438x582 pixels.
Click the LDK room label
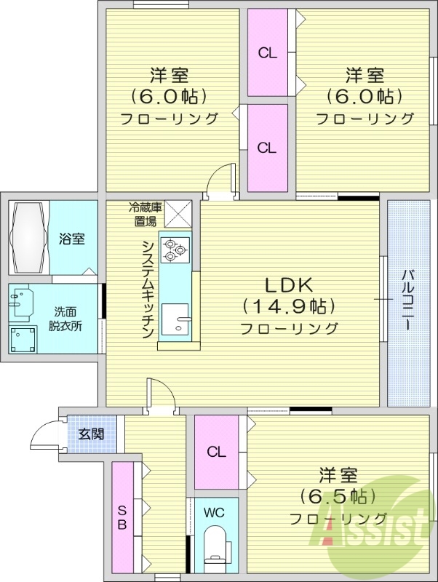tap(288, 284)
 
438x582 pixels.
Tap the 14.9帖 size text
tap(289, 305)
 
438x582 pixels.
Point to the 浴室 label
tap(71, 239)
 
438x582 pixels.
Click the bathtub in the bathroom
tap(30, 238)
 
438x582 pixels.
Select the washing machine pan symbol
tap(23, 338)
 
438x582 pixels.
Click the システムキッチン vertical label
tap(146, 288)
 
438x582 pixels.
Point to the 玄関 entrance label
tap(91, 434)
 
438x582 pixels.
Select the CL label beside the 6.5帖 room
tap(216, 452)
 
